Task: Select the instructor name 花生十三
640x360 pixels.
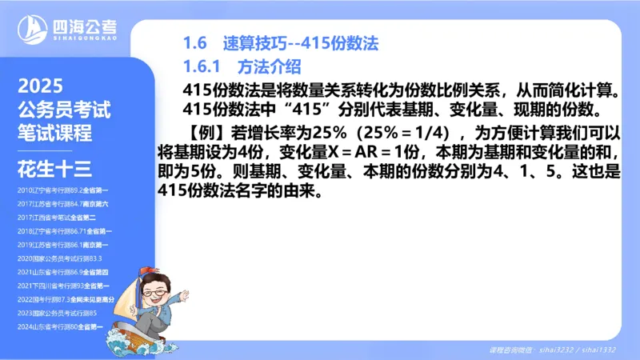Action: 54,169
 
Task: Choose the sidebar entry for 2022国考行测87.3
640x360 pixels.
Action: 68,298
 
